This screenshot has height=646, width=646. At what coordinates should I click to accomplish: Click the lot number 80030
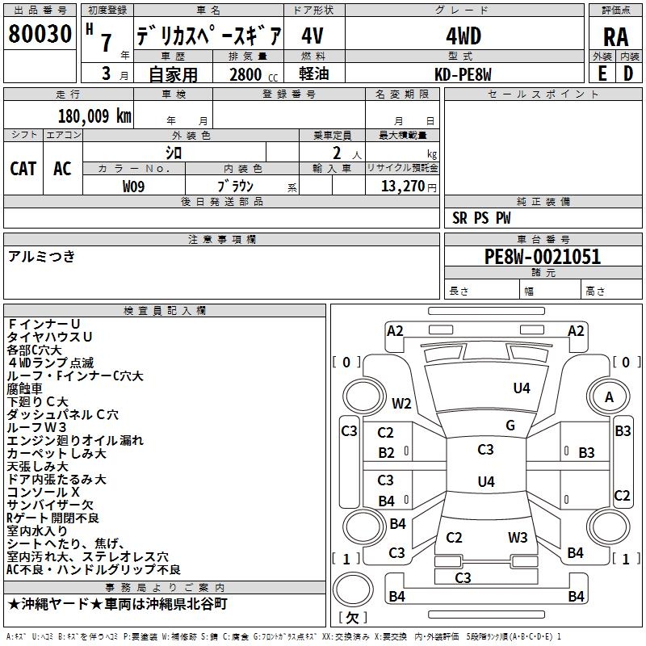tap(40, 35)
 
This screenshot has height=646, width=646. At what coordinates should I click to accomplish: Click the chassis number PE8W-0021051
tap(542, 258)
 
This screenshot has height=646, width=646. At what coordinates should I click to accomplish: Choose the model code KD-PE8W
tap(464, 74)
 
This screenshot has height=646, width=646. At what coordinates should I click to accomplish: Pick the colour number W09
tap(134, 186)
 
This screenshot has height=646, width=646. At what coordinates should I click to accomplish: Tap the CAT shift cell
tap(23, 168)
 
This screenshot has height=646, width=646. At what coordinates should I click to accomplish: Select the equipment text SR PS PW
tap(481, 218)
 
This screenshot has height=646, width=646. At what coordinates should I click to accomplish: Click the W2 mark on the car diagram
tap(401, 403)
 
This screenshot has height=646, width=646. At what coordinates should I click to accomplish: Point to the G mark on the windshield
tap(510, 426)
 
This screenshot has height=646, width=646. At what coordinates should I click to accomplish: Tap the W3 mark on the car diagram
tap(518, 537)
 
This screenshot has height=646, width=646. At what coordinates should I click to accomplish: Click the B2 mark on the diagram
tap(387, 453)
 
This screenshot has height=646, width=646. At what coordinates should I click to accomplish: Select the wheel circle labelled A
tap(610, 396)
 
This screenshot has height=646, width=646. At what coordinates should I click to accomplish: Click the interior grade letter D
tap(627, 73)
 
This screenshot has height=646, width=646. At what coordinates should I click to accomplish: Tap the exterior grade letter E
tap(602, 73)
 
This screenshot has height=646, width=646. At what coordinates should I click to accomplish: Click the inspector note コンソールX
tap(44, 492)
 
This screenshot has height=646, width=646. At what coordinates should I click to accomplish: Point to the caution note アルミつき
tap(41, 256)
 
